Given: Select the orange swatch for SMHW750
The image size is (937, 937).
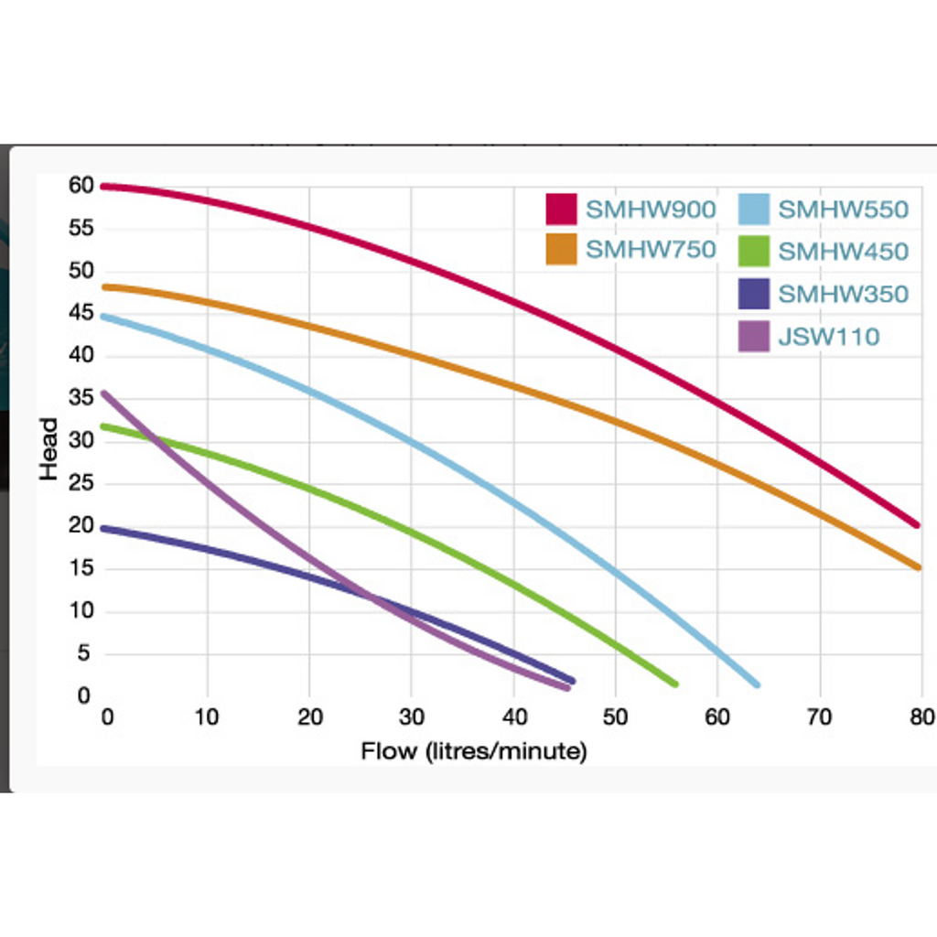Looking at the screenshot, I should (x=561, y=250).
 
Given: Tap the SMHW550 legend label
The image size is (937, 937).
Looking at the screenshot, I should (x=843, y=210).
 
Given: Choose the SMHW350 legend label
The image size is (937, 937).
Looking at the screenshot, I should (x=843, y=294).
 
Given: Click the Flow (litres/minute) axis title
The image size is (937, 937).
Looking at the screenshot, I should (x=473, y=752).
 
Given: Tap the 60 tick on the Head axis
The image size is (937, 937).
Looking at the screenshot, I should (x=81, y=186).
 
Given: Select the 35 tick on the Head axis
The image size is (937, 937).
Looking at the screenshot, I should (x=81, y=398).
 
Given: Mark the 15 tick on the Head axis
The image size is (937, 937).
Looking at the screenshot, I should (x=81, y=568).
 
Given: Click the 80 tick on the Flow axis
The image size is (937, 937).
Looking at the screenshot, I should (x=921, y=716).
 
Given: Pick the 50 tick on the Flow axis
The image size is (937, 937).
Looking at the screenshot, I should (x=615, y=716).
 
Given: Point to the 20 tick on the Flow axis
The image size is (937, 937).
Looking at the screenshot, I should (x=309, y=716).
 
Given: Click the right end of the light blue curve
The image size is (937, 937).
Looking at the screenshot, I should (x=757, y=684).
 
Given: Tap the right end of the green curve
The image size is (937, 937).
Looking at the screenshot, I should (x=674, y=684).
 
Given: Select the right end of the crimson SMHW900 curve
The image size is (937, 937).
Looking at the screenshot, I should (x=917, y=524).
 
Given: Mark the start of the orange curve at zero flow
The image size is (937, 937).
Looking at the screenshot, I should (x=104, y=286).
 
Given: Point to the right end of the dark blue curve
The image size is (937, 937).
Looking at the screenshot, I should (x=573, y=681).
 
